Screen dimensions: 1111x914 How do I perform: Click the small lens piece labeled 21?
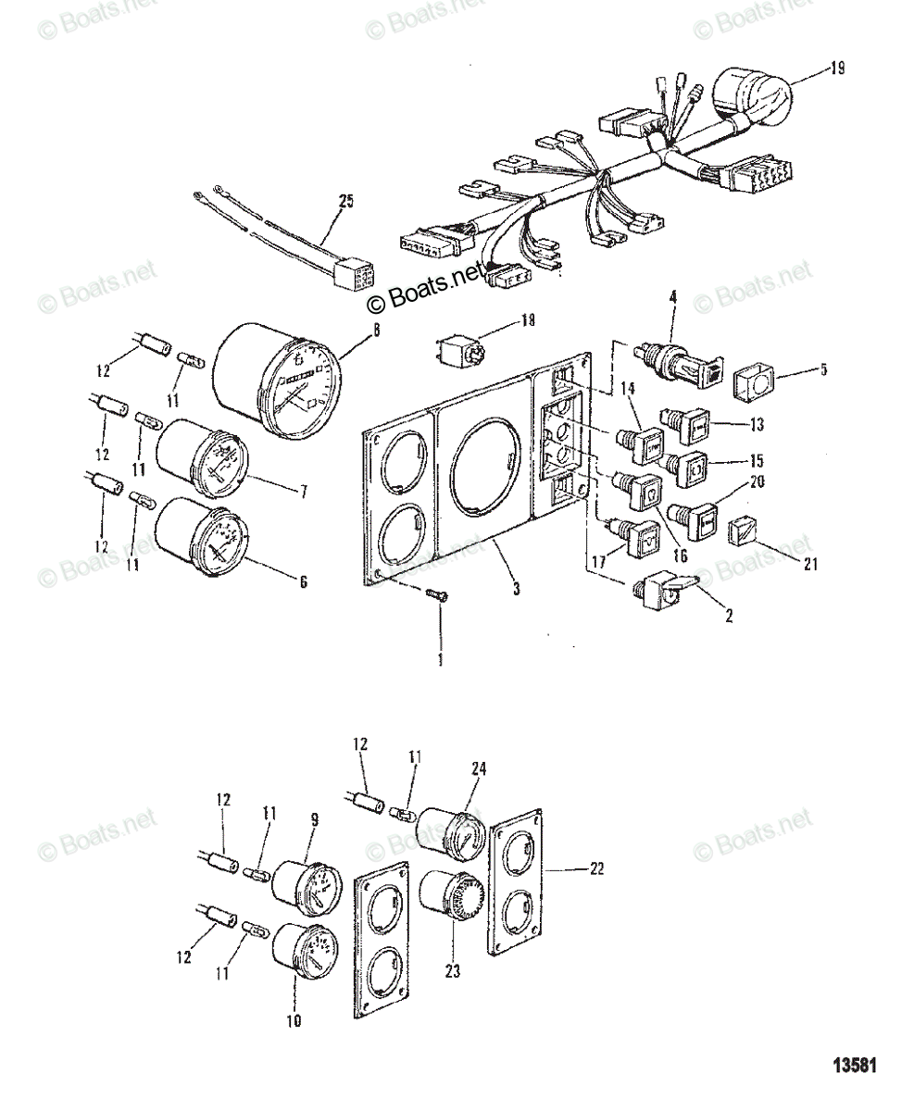(745, 532)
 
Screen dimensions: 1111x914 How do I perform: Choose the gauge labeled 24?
(449, 830)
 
